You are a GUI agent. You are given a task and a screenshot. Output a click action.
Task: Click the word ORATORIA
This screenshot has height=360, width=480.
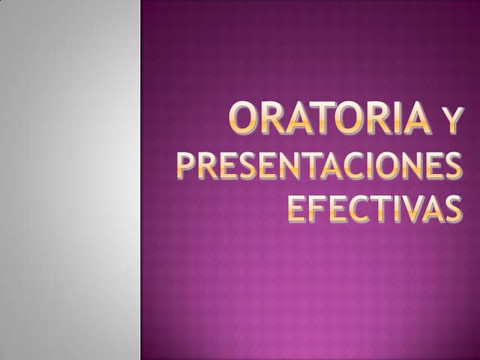[x=331, y=120]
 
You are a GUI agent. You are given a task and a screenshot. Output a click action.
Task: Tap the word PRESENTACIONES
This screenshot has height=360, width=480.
[x=319, y=166]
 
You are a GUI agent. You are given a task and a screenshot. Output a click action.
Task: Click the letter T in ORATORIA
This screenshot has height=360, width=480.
[x=325, y=120]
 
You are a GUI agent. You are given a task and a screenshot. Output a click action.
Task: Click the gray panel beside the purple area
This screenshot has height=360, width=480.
[x=70, y=180]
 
